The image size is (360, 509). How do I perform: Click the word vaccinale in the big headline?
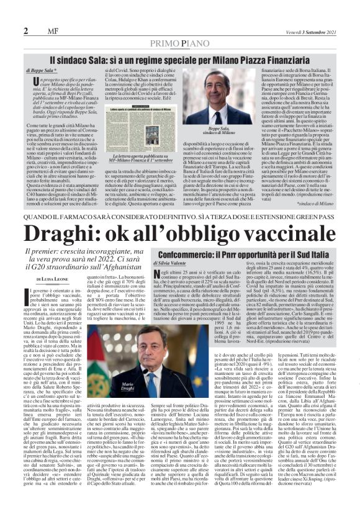click(271, 232)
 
